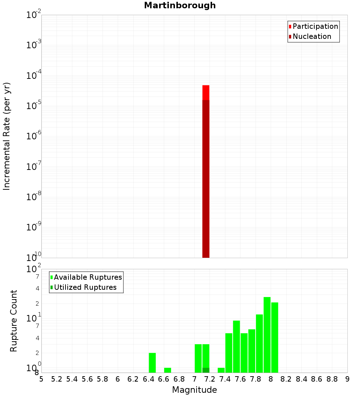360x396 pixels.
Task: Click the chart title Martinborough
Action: [x=180, y=5]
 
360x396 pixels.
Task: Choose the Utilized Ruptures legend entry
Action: [x=85, y=287]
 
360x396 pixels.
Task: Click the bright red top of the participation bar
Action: [x=206, y=93]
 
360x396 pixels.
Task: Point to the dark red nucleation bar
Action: [x=206, y=180]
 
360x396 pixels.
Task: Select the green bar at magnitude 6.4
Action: [x=152, y=363]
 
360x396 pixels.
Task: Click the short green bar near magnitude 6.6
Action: [x=167, y=370]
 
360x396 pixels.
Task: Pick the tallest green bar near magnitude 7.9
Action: [x=267, y=335]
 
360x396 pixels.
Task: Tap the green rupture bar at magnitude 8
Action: [x=275, y=337]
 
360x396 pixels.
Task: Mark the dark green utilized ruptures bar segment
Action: [x=206, y=370]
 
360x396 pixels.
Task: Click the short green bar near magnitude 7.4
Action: [x=221, y=370]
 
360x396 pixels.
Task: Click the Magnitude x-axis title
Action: [x=194, y=390]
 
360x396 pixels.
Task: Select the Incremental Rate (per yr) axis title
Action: [x=7, y=136]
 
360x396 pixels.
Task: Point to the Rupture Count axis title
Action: [x=14, y=321]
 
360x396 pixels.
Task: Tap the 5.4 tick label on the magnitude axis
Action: [x=72, y=379]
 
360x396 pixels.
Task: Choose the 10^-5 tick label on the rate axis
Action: [x=34, y=106]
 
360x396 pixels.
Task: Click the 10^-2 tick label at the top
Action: [x=34, y=15]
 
